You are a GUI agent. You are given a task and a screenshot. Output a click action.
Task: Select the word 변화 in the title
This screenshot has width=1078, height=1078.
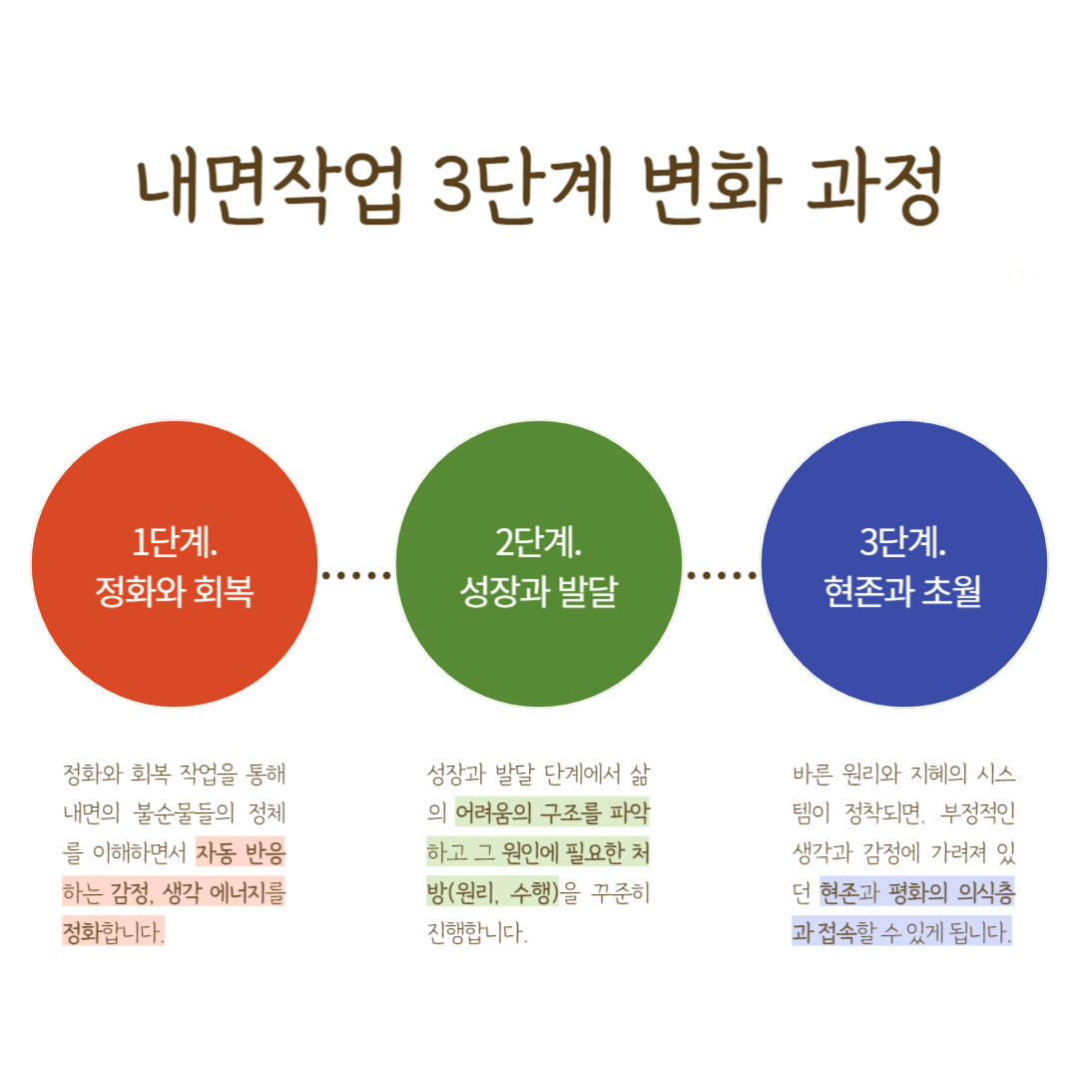click(x=706, y=190)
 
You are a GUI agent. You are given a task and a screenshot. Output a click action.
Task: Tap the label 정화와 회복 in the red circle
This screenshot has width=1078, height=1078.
click(x=175, y=592)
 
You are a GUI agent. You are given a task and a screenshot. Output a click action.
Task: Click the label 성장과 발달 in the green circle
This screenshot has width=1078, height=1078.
click(x=539, y=592)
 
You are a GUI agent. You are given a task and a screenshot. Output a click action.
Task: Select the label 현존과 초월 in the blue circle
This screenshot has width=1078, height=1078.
click(x=903, y=592)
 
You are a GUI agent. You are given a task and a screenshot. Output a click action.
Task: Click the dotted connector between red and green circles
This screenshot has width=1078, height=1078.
click(x=356, y=575)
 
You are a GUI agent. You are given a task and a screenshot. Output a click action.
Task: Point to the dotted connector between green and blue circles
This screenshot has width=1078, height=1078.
click(x=722, y=575)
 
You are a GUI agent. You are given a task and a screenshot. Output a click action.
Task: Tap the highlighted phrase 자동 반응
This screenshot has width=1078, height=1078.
click(x=241, y=853)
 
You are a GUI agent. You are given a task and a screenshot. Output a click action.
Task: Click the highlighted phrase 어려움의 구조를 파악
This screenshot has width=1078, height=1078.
click(x=552, y=813)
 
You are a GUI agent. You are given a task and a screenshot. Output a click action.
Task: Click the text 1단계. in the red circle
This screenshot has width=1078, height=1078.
click(x=175, y=544)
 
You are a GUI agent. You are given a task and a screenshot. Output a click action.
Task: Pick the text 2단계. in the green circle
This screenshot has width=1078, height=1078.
click(x=539, y=544)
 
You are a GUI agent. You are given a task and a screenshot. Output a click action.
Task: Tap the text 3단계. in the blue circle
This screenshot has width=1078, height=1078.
click(x=903, y=544)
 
